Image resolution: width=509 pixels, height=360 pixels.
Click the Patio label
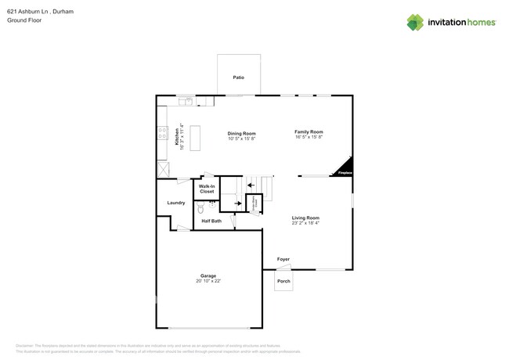point(238,78)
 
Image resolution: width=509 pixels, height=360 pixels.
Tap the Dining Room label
point(241,133)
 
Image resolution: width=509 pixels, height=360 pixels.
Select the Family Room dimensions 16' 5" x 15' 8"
point(309,137)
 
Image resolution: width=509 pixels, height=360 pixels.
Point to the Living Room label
point(305,218)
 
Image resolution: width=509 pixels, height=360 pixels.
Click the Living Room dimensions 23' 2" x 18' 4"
point(305,223)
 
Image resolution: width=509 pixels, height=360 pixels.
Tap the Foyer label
point(283,259)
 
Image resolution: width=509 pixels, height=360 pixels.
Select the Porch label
point(283,281)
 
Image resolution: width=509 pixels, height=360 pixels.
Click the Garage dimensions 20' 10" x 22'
point(208,280)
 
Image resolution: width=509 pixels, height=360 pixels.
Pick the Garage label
point(208,275)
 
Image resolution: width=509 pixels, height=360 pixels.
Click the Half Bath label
point(211,221)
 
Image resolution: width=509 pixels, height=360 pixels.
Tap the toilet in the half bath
point(200,208)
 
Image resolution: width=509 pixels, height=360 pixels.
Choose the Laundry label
point(176,203)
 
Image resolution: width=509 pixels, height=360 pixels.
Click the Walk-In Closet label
point(207,189)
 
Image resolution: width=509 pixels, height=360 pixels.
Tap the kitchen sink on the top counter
point(186,101)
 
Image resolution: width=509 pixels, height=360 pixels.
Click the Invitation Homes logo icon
point(415,22)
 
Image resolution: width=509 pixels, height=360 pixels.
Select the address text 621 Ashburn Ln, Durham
point(35,11)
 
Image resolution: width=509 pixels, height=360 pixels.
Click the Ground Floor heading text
point(24,20)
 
